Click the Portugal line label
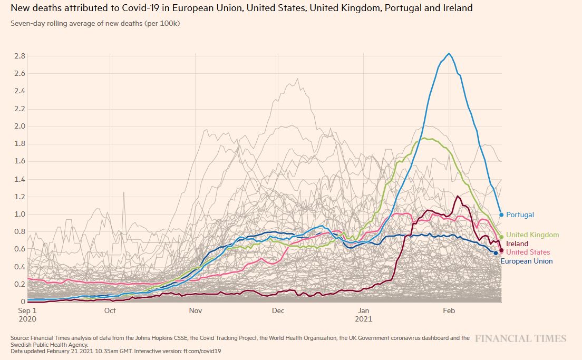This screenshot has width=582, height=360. click(520, 215)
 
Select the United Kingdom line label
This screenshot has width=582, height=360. click(532, 235)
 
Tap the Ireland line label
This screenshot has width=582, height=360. click(517, 244)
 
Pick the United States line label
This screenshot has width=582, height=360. click(528, 252)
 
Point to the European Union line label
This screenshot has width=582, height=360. click(526, 261)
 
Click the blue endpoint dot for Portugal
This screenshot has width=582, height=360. click(501, 215)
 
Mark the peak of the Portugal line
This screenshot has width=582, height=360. click(449, 53)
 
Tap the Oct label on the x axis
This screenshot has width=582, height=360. click(110, 311)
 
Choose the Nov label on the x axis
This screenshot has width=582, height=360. click(196, 311)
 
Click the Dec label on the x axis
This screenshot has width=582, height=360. click(278, 311)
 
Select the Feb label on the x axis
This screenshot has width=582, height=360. click(449, 311)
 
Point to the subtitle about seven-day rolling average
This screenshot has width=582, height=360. click(95, 23)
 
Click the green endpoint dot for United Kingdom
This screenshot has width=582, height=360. click(501, 237)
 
